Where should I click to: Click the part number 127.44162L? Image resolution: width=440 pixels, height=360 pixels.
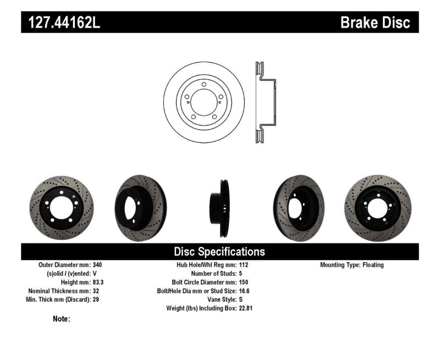coord(61,23)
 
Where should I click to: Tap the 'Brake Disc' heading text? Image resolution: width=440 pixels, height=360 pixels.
coord(375,23)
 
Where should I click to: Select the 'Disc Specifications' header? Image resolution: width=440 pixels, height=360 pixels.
coord(219,252)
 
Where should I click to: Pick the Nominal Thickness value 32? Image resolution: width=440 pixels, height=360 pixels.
coord(97,291)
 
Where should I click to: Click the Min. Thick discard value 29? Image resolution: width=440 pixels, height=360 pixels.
coord(97,300)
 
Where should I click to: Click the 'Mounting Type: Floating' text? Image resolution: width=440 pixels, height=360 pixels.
coord(352,265)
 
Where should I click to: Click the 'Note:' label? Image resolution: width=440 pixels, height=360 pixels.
coord(62,319)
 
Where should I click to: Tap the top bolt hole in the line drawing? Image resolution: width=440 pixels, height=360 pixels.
coord(204,85)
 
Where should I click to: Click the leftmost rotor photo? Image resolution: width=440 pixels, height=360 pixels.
coord(61,208)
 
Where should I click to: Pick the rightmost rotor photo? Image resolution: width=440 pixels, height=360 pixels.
coord(377,208)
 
